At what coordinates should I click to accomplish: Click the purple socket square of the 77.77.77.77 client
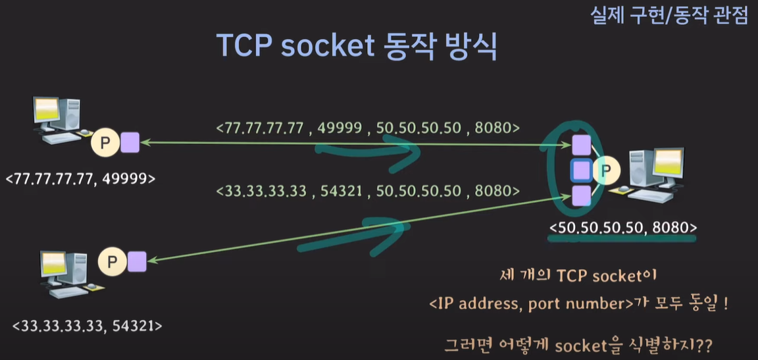pos(130,142)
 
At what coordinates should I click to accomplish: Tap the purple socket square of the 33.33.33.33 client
pos(138,261)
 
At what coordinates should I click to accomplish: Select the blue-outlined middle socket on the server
pos(581,171)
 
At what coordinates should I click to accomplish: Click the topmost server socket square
pos(581,144)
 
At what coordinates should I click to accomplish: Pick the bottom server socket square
pos(581,195)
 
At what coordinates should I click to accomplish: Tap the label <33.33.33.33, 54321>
pos(88,325)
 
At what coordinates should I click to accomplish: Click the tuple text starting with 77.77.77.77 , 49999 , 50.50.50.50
pos(368,127)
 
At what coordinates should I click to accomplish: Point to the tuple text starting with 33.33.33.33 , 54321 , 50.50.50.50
pos(368,191)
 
